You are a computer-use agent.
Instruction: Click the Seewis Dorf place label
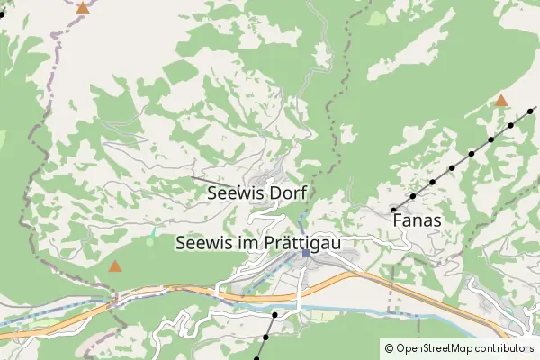256,193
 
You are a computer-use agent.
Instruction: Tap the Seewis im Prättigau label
260,243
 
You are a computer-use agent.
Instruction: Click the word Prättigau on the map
304,243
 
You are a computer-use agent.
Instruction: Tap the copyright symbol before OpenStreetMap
389,348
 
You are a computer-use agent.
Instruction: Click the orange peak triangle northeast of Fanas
501,101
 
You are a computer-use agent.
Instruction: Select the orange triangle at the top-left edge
83,8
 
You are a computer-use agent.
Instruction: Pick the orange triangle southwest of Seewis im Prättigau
115,266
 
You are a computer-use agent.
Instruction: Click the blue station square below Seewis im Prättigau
306,253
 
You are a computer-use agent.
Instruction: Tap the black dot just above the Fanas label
393,210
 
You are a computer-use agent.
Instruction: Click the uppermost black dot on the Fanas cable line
531,112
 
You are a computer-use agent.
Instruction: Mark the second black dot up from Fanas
432,182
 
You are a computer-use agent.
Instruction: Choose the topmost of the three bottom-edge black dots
274,315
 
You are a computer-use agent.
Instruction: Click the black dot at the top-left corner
2,13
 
